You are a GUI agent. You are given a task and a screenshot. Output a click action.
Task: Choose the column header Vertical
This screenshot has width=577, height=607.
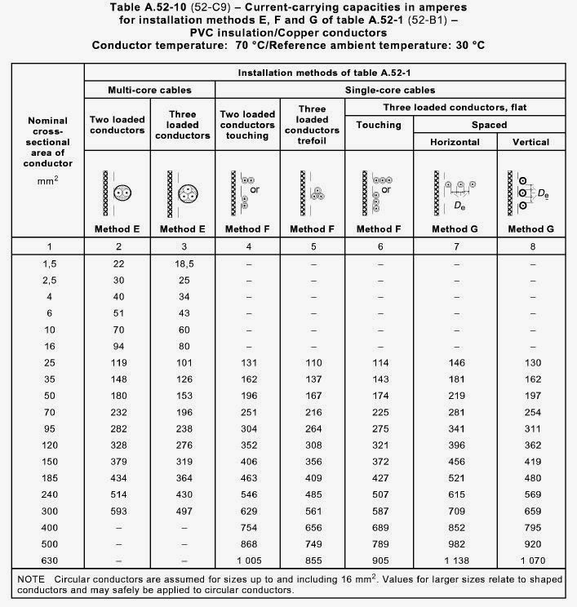[x=531, y=142]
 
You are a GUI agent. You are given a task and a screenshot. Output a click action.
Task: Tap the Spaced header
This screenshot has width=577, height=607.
[x=489, y=125]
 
